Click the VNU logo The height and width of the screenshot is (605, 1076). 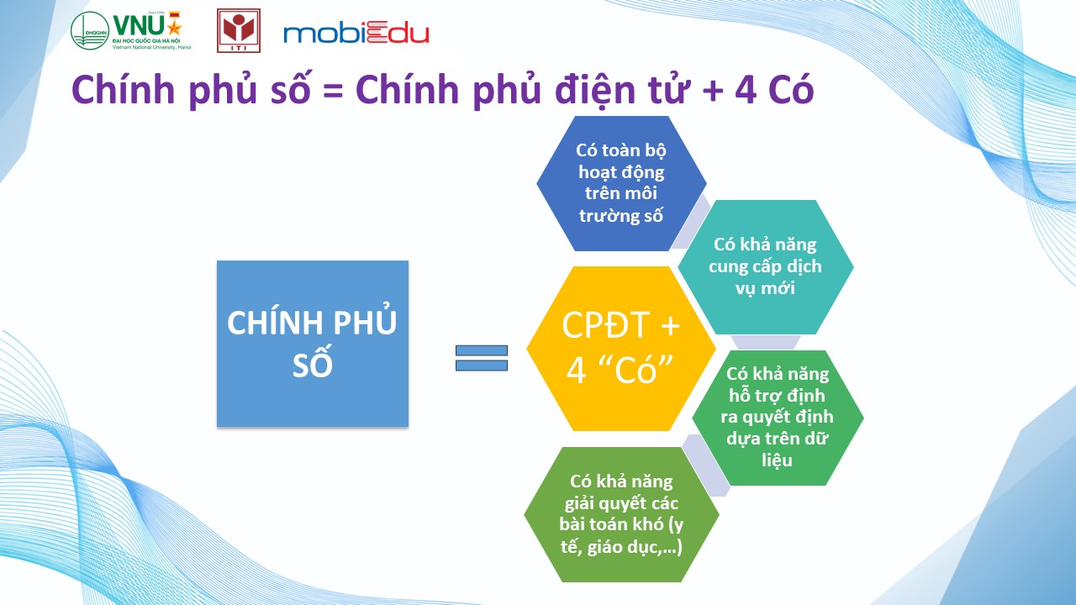pos(131,31)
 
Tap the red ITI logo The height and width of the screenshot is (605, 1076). pos(239,31)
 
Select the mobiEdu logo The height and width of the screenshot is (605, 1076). pos(356,34)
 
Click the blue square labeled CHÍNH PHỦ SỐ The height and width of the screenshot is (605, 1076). pos(313,344)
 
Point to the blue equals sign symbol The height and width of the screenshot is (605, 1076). pos(482,358)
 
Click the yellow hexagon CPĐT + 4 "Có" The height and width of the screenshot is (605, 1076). pos(621,348)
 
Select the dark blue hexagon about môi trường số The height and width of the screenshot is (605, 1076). pos(621,183)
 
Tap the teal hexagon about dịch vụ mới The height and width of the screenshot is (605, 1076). pos(765,267)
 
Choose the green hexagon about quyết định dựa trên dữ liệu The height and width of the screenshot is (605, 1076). pos(778,418)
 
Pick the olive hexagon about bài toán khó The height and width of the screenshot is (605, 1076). pos(621,514)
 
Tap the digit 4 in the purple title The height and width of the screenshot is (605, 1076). pos(745,90)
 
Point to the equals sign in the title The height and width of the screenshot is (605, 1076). pos(333,92)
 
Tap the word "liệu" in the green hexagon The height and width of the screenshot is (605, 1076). pos(777,460)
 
